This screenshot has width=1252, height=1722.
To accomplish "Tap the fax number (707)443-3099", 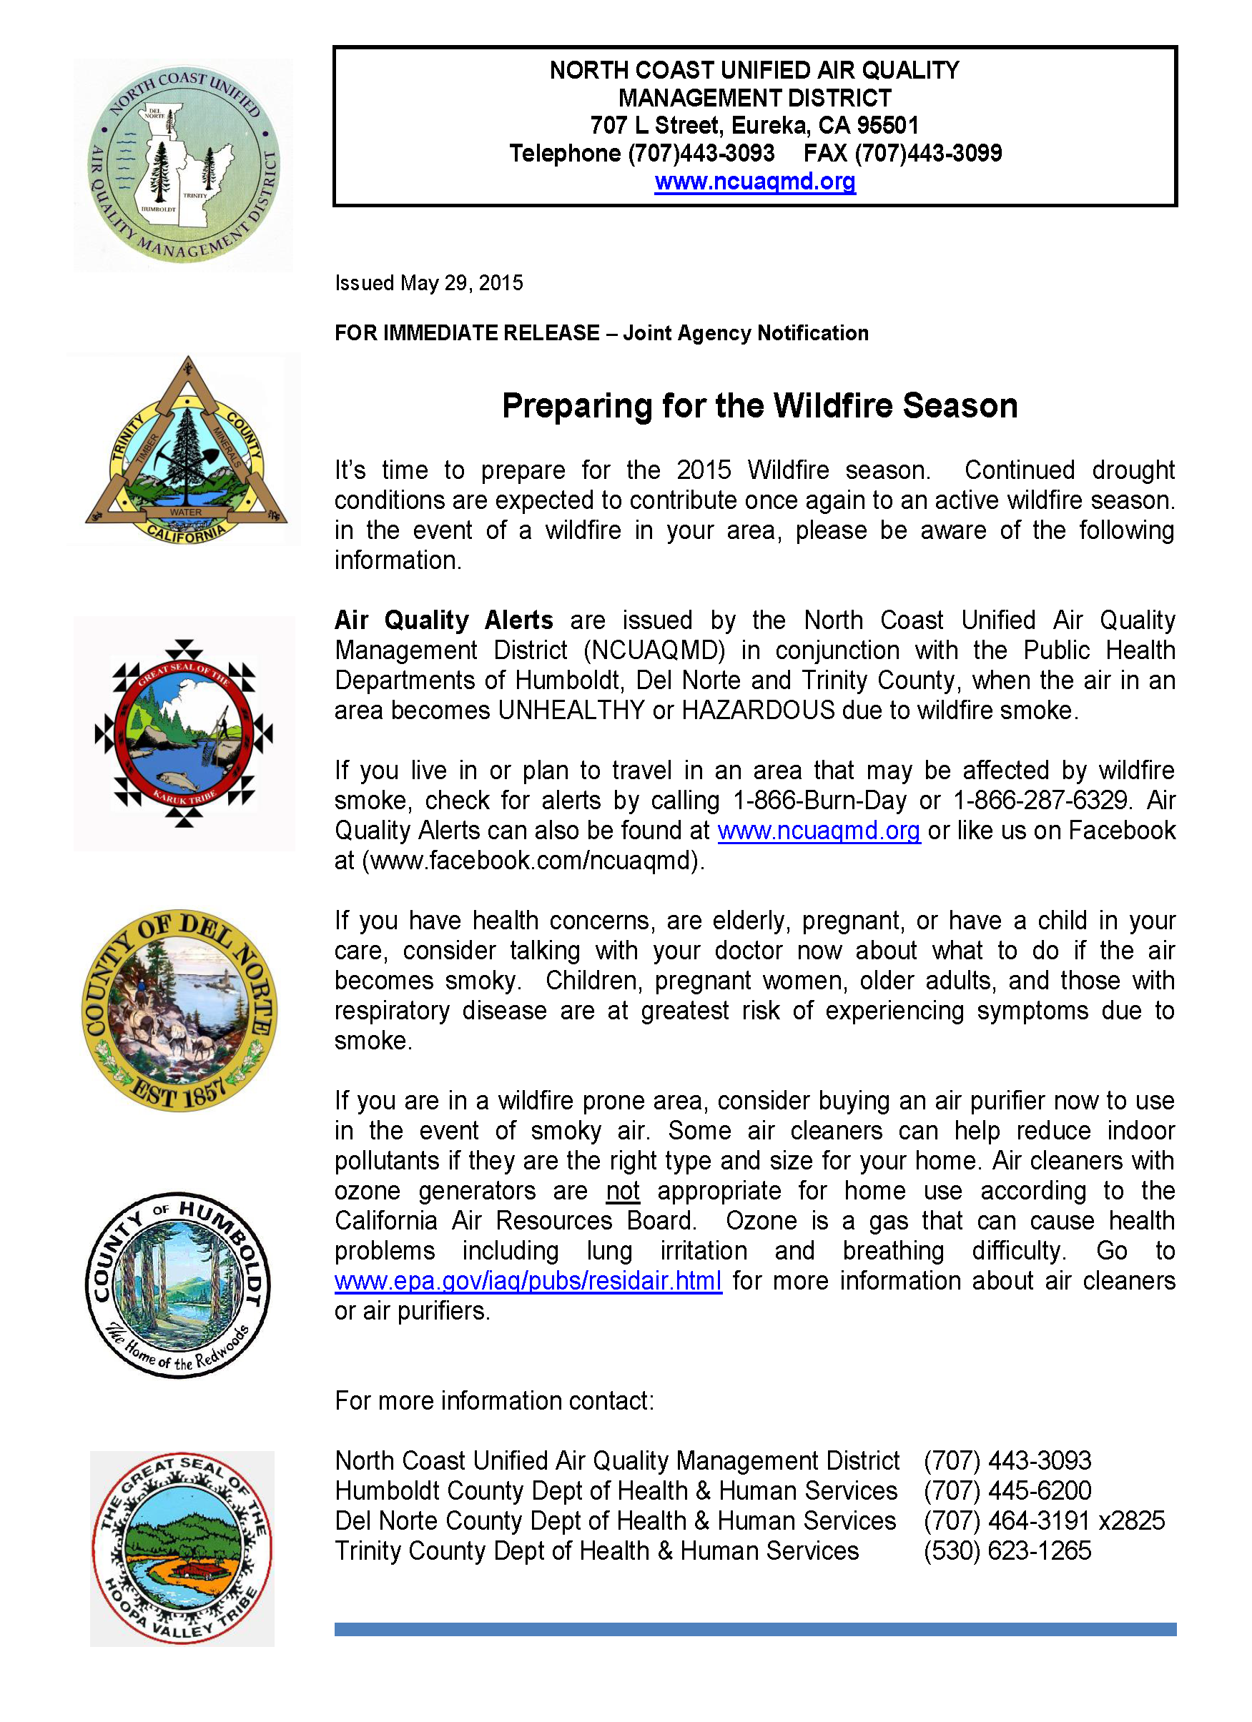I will point(928,154).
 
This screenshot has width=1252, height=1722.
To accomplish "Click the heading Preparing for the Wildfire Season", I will point(759,406).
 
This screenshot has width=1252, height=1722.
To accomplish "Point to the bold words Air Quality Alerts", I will point(443,620).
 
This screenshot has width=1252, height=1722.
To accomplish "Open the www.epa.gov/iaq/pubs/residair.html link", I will point(528,1281).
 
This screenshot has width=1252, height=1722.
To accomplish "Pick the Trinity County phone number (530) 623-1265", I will point(1007,1550).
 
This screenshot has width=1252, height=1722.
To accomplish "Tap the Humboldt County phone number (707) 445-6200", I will point(1007,1490).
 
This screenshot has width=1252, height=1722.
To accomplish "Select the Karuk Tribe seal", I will point(184,733).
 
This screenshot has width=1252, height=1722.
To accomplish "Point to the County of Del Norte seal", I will point(180,1011).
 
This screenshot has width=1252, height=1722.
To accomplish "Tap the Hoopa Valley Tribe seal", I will point(182,1549).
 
